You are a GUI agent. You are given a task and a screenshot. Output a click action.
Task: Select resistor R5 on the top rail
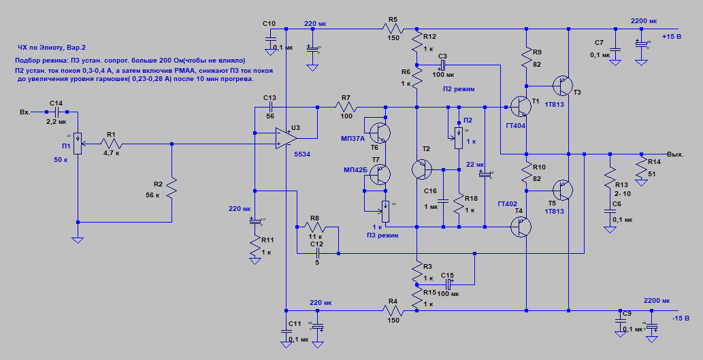(x=393, y=29)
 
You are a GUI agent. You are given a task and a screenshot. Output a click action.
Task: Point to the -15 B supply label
(x=681, y=318)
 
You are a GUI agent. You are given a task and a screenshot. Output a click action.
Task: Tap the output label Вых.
(x=676, y=154)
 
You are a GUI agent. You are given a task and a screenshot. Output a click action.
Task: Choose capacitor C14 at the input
(x=56, y=112)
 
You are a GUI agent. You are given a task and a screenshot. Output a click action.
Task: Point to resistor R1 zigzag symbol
(x=110, y=144)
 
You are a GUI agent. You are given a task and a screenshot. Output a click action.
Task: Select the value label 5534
(x=302, y=155)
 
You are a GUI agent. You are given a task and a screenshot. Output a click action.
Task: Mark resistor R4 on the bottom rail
(x=393, y=311)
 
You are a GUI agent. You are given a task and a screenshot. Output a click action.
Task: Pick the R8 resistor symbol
(x=316, y=227)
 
